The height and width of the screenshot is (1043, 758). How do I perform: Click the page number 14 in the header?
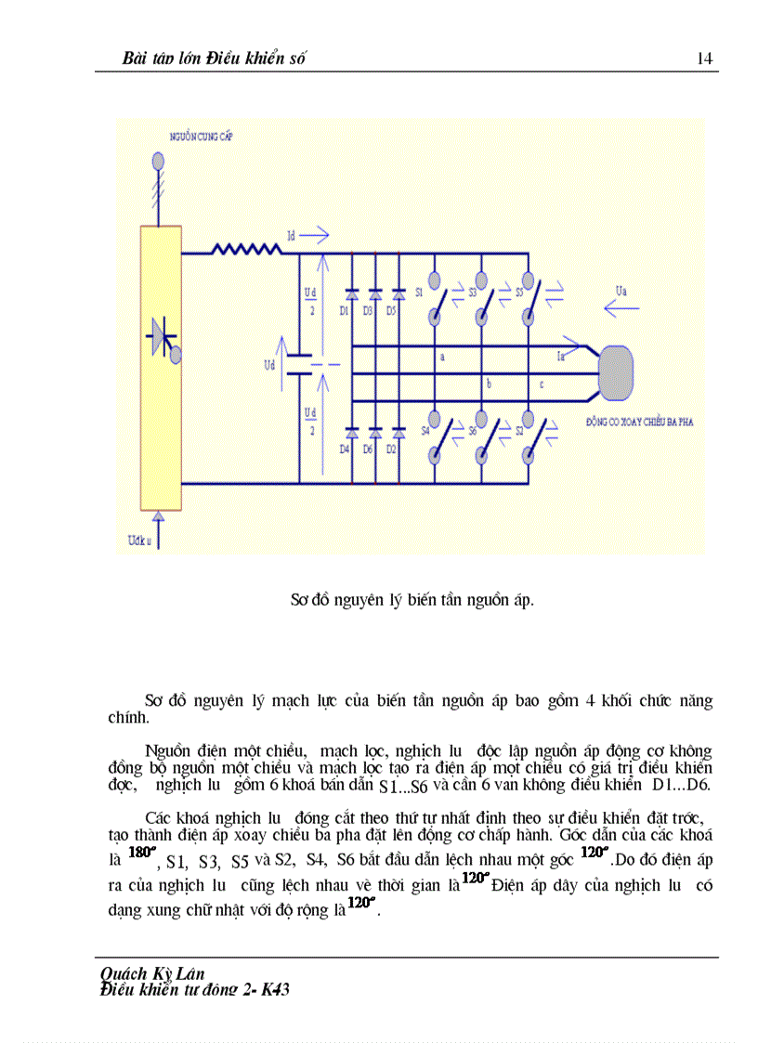click(x=704, y=59)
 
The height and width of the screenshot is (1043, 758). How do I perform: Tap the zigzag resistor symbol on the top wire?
click(x=246, y=249)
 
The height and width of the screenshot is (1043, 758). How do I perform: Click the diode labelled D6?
click(x=375, y=434)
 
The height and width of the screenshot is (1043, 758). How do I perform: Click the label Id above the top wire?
click(x=293, y=238)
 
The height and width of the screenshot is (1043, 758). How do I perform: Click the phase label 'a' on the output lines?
click(x=442, y=357)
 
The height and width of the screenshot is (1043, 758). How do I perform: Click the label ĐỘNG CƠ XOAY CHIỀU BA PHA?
click(x=640, y=422)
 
